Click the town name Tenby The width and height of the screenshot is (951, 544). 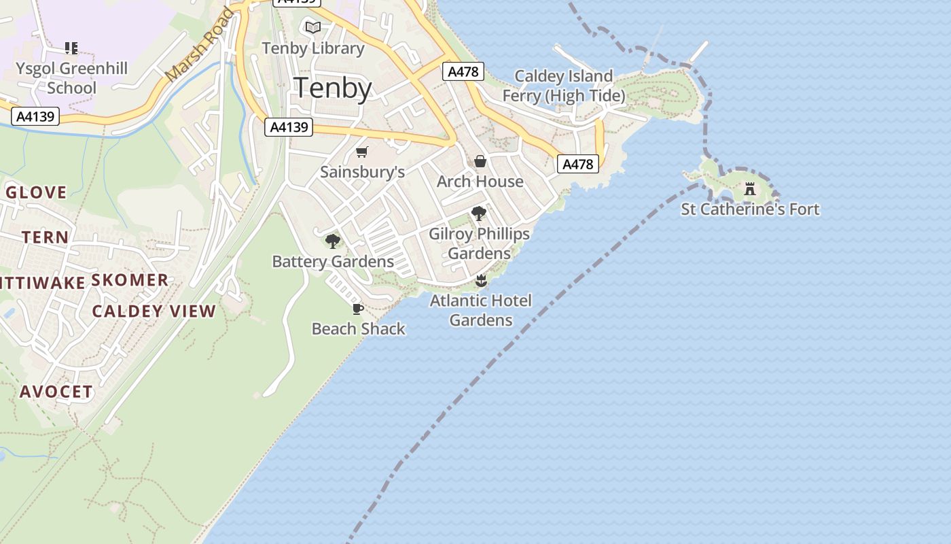click(x=333, y=89)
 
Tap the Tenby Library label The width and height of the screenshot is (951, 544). click(x=313, y=48)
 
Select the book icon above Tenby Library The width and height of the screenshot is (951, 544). click(x=312, y=27)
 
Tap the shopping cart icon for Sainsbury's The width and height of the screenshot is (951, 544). click(x=362, y=152)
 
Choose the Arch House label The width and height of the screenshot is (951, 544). click(x=480, y=182)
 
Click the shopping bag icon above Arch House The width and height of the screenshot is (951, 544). click(x=480, y=161)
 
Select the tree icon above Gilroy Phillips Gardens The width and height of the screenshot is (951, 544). click(x=479, y=214)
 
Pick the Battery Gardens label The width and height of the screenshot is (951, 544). click(x=333, y=262)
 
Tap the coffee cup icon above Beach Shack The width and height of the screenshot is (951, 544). click(x=358, y=309)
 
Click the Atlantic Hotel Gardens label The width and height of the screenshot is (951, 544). click(x=481, y=310)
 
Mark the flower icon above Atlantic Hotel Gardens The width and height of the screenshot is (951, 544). click(x=481, y=281)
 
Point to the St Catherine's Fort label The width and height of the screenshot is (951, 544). click(x=750, y=209)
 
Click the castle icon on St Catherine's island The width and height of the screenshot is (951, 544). click(x=750, y=189)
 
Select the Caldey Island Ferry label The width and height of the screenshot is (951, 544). click(x=563, y=86)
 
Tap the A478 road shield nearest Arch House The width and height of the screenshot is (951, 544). click(x=579, y=164)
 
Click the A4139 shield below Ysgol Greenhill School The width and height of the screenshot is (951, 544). click(x=35, y=116)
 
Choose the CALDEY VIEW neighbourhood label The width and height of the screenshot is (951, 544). click(x=154, y=311)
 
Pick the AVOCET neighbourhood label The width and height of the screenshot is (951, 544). click(x=56, y=392)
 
